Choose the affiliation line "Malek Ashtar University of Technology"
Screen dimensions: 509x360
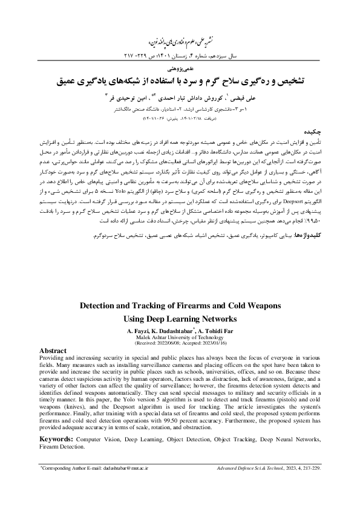pos(180,337)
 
